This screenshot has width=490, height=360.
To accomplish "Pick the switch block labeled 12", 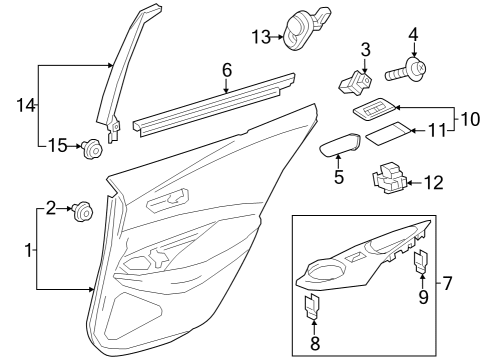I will click(x=391, y=178).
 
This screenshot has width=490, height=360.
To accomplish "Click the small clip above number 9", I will click(x=421, y=262).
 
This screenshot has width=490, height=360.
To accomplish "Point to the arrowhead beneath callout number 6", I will click(x=227, y=89).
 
